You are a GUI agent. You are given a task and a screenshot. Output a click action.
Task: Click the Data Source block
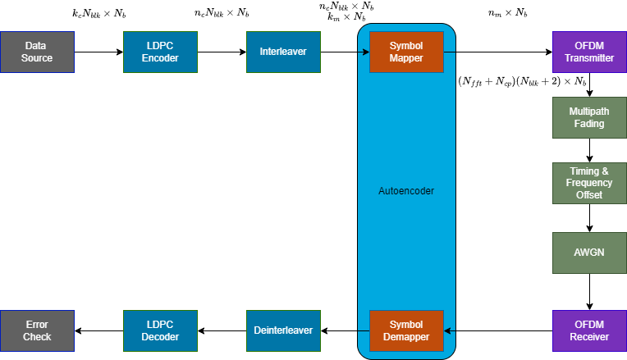coord(38,52)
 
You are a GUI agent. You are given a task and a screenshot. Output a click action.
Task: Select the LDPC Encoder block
coord(161,52)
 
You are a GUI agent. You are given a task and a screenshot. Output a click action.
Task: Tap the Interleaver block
coord(284,52)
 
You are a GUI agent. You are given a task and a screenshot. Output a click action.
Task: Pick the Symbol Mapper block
coord(406,52)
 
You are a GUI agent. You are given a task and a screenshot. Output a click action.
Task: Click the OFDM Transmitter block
coord(589,52)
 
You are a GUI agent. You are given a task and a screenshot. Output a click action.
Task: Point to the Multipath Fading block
coord(589,117)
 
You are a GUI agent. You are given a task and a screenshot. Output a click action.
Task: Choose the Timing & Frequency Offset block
coord(589,183)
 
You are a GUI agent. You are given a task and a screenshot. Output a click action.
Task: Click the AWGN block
coord(589,253)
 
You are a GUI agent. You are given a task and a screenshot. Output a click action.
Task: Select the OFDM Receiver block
coord(589,330)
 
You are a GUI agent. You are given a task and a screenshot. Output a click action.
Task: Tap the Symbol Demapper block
coord(406,330)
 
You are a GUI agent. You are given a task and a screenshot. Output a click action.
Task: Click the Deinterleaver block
coord(284,330)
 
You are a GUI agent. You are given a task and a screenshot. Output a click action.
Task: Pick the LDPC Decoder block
coord(161,330)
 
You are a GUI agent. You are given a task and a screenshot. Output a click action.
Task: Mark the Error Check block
coord(38,330)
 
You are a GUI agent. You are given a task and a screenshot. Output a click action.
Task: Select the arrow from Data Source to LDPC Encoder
coord(98,52)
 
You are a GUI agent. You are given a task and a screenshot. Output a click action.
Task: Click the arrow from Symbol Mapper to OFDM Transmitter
coord(497,52)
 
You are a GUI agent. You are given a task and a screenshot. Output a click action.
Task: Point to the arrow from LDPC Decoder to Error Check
coord(98,330)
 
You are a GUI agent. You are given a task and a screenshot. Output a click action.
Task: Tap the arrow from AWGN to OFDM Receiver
coord(589,291)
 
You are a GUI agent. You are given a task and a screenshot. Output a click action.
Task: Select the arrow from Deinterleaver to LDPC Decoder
coord(222,330)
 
